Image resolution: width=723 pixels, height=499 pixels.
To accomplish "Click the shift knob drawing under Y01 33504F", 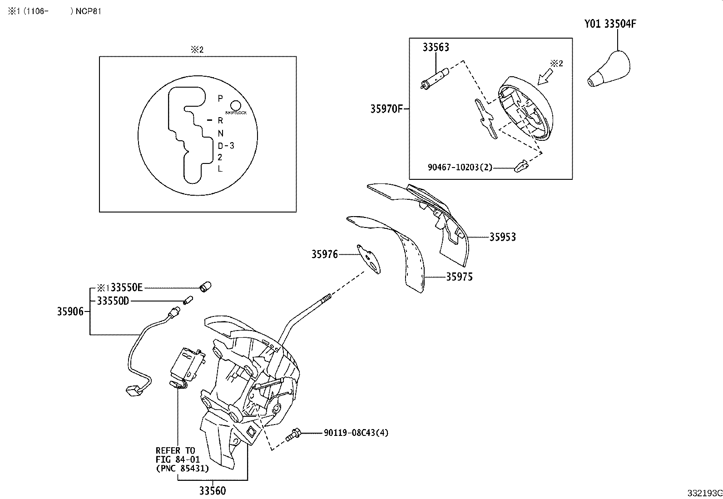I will pyautogui.click(x=607, y=70).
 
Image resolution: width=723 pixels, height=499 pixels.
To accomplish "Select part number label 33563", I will pyautogui.click(x=436, y=47).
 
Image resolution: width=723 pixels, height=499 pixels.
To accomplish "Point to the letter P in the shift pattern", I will pyautogui.click(x=220, y=98).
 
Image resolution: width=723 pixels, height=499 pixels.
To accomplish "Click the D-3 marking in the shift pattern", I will pyautogui.click(x=226, y=146).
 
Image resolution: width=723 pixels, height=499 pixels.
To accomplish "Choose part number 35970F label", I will pyautogui.click(x=386, y=109).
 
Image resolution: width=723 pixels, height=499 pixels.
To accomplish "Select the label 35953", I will pyautogui.click(x=502, y=237).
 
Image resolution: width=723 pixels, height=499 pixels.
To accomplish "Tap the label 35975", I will pyautogui.click(x=459, y=277).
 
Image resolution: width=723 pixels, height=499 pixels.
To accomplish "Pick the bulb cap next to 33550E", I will pyautogui.click(x=206, y=287).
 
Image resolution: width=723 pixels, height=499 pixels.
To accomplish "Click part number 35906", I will pyautogui.click(x=70, y=311).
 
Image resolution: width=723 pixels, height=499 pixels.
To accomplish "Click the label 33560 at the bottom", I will pyautogui.click(x=212, y=491).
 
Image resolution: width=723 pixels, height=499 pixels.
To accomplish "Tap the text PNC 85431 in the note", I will pyautogui.click(x=182, y=468).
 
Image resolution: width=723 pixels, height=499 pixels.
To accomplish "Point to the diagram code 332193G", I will pyautogui.click(x=704, y=493).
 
